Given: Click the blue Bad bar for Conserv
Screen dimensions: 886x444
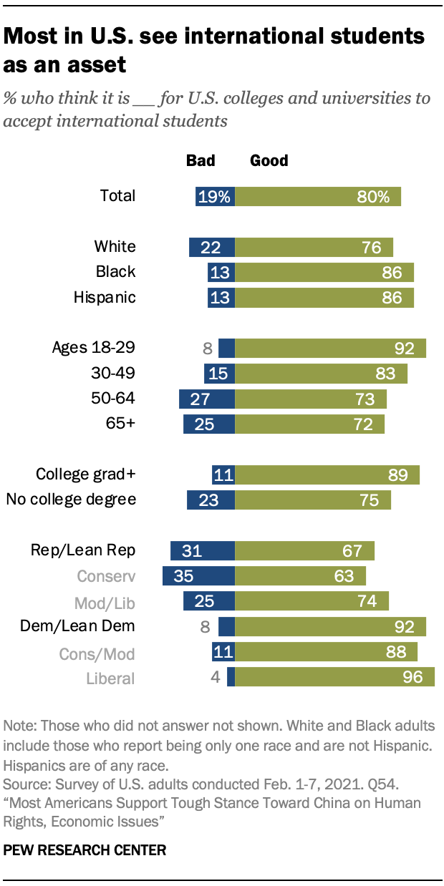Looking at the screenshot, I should (198, 576).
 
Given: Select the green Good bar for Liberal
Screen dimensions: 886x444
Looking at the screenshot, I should (334, 677).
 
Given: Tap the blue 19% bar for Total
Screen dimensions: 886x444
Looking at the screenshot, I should (215, 196).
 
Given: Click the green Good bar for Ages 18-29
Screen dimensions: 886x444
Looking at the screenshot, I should (330, 349).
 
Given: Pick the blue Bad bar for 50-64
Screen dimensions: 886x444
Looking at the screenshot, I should (206, 399).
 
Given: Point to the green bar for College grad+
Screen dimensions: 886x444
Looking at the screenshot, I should (327, 474).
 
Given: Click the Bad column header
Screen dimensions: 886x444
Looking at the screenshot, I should (201, 160).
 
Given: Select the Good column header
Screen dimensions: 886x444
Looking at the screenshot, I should (269, 160).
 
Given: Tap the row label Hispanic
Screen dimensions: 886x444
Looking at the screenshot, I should (105, 297).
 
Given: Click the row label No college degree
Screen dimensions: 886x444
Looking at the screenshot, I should (71, 499).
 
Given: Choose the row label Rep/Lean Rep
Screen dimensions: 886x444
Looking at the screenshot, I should (83, 550).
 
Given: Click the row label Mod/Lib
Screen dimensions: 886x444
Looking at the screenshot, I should (105, 601).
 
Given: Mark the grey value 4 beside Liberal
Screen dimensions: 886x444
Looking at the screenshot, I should (215, 677).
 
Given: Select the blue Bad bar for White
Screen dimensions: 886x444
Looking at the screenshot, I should (211, 247).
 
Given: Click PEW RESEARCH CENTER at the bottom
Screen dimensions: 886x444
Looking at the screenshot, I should (85, 850).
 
